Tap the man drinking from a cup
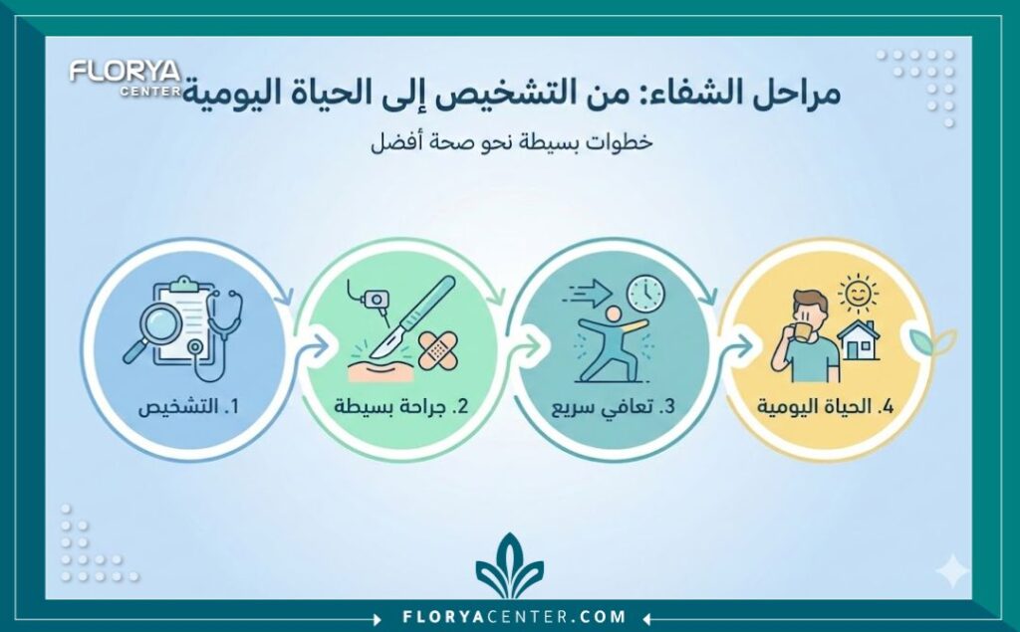point(807,336)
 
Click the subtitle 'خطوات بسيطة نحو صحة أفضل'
point(509,141)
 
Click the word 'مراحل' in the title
point(792,96)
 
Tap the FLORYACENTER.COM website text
point(509,616)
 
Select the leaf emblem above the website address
point(509,567)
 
